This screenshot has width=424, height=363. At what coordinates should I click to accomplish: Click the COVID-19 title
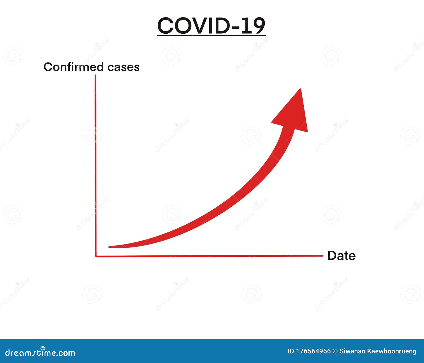[211, 26]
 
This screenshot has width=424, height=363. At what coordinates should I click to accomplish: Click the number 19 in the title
[253, 26]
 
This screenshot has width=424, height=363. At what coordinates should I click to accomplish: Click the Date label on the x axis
[341, 256]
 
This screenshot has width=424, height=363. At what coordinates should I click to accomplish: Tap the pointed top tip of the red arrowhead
[301, 89]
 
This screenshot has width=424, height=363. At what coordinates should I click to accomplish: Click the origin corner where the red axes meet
[96, 256]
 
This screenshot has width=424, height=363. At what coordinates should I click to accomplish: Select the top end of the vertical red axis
[95, 76]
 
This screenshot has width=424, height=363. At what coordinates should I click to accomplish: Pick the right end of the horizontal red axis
[322, 256]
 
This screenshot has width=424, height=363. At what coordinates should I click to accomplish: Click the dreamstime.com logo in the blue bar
[40, 352]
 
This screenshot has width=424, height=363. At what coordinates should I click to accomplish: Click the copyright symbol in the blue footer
[335, 351]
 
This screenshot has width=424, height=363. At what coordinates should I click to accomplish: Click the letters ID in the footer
[291, 351]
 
